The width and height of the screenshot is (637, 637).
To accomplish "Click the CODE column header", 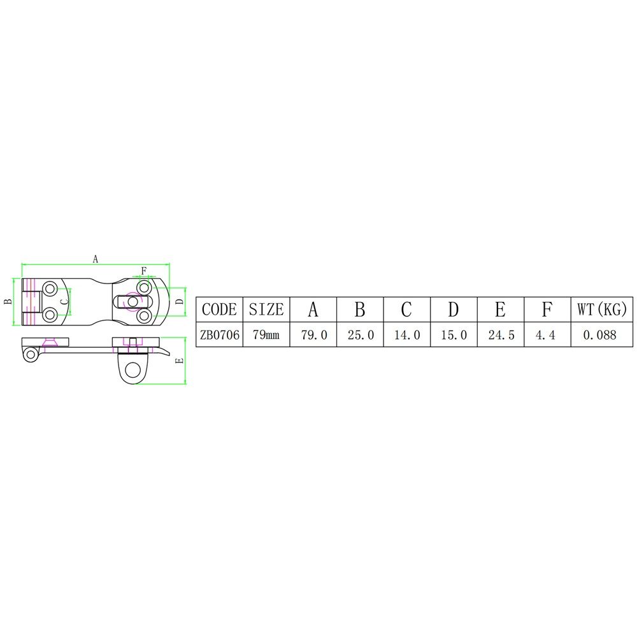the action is click(x=219, y=310).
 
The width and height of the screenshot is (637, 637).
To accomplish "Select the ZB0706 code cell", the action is click(x=219, y=335).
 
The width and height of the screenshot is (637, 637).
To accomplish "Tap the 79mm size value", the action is click(x=266, y=335).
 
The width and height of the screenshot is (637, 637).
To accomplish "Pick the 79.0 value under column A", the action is click(x=313, y=335).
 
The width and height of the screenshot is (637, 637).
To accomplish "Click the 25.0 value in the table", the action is click(x=361, y=335).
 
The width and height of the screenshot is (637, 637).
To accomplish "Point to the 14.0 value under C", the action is click(x=407, y=335).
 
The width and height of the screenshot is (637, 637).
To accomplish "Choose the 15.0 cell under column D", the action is click(x=454, y=335).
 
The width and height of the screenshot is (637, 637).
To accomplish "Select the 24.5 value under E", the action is click(x=501, y=335).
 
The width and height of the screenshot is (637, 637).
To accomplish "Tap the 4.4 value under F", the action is click(x=545, y=335).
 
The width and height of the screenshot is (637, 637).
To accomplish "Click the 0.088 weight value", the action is click(x=599, y=335).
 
